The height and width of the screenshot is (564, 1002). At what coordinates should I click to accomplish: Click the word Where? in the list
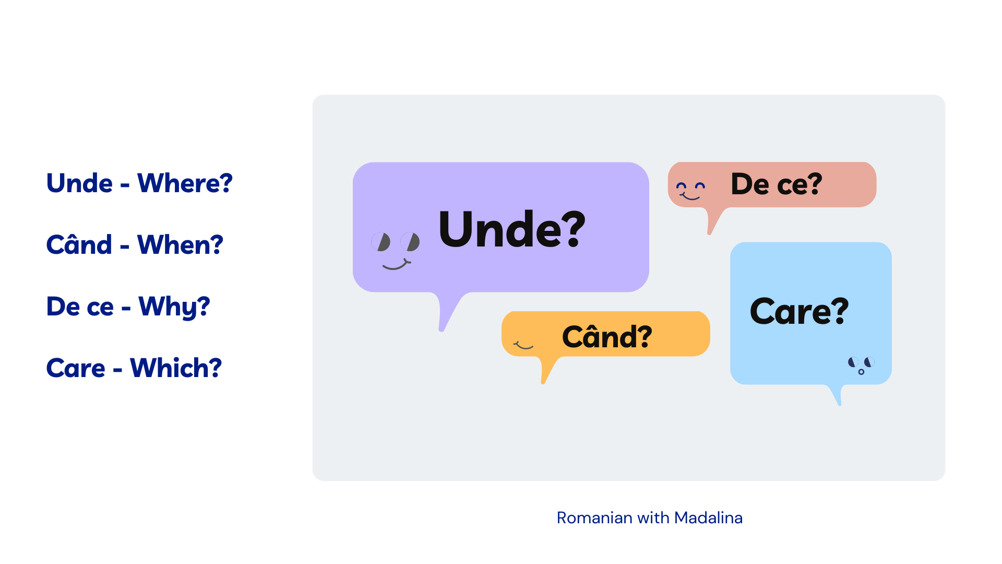tap(185, 183)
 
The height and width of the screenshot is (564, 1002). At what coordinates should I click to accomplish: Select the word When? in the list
tap(180, 245)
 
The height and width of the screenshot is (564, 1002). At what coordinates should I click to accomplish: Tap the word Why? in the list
tap(174, 307)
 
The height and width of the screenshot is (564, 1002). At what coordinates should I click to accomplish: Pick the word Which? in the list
tap(176, 368)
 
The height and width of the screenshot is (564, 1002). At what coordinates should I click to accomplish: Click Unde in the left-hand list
tap(79, 183)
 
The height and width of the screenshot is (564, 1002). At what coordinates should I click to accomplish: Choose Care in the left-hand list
tap(76, 368)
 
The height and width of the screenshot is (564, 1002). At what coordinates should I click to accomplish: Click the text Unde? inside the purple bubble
tap(512, 229)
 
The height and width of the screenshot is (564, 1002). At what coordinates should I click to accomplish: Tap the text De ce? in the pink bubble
tap(777, 184)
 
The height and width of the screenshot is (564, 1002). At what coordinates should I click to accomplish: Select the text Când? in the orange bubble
tap(607, 336)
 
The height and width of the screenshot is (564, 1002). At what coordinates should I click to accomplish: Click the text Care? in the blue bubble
tap(799, 311)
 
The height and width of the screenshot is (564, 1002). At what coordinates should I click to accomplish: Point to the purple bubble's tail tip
tap(442, 330)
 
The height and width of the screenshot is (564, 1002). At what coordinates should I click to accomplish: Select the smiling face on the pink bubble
tap(690, 191)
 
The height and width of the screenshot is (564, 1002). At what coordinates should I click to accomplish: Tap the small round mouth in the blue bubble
tap(861, 372)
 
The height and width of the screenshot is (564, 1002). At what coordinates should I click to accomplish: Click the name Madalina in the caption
tap(708, 518)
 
